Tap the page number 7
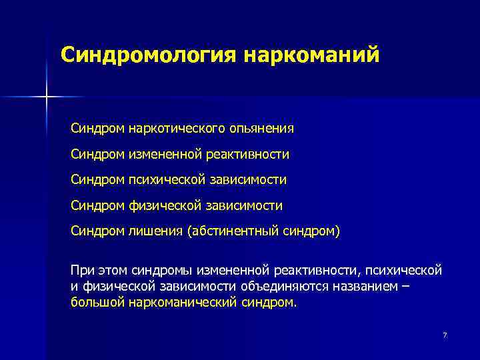(x=445, y=334)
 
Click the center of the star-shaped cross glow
(x=47, y=97)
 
